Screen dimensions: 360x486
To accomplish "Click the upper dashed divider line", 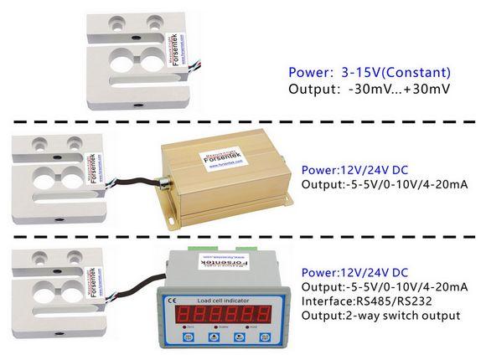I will click(x=243, y=124).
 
